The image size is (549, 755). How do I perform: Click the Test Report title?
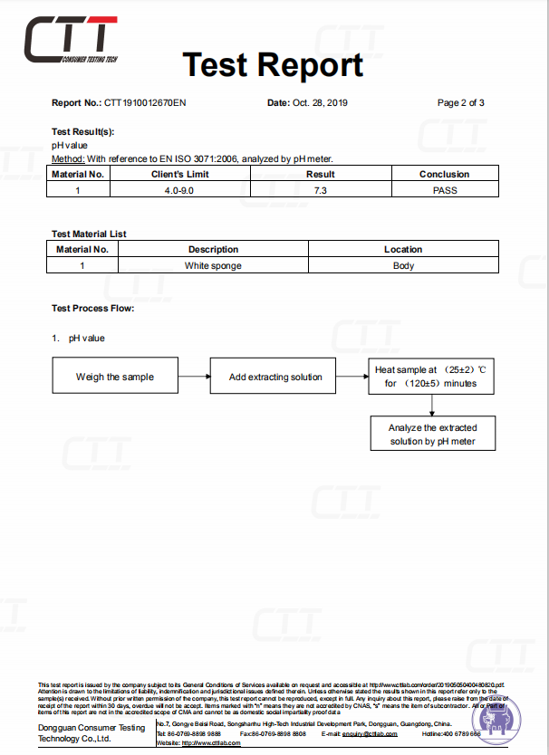pyautogui.click(x=273, y=64)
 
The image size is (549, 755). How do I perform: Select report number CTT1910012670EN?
pyautogui.click(x=146, y=102)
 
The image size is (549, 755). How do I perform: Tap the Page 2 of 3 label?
pyautogui.click(x=460, y=102)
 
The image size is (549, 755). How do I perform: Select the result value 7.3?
pyautogui.click(x=320, y=190)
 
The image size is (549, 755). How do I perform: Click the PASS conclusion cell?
pyautogui.click(x=444, y=190)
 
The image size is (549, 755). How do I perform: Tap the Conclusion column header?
pyautogui.click(x=444, y=174)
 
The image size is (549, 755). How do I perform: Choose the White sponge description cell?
pyautogui.click(x=213, y=265)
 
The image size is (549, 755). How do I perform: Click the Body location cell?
pyautogui.click(x=403, y=265)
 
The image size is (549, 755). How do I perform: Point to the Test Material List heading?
pyautogui.click(x=89, y=234)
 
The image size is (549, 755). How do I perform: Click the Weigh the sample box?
pyautogui.click(x=115, y=377)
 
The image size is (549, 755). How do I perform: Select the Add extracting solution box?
pyautogui.click(x=275, y=377)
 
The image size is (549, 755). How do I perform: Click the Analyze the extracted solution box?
pyautogui.click(x=432, y=434)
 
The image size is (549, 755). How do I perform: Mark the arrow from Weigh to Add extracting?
pyautogui.click(x=194, y=377)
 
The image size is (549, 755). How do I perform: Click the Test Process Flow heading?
pyautogui.click(x=92, y=309)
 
